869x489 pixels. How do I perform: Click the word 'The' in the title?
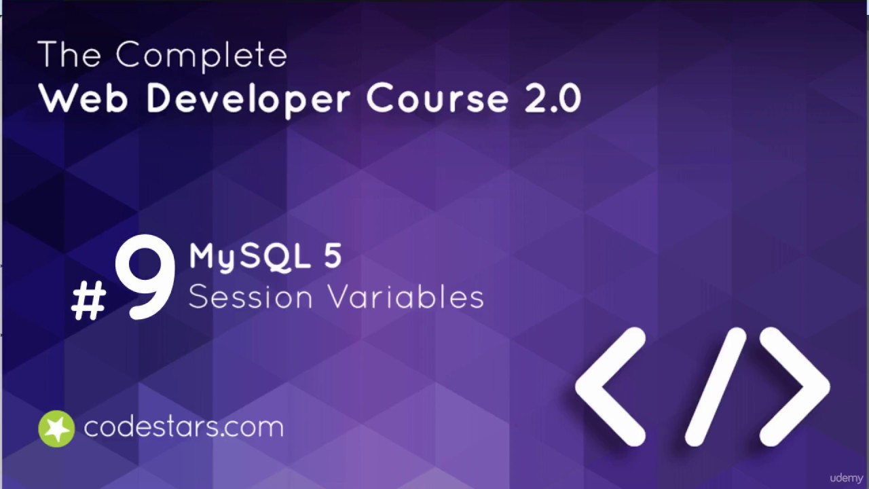pyautogui.click(x=70, y=54)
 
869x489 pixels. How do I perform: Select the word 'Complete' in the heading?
pyautogui.click(x=201, y=56)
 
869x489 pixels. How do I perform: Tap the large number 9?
pyautogui.click(x=145, y=278)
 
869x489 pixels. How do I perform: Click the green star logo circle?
pyautogui.click(x=56, y=429)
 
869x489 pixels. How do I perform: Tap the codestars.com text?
pyautogui.click(x=183, y=427)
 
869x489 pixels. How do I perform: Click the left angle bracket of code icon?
pyautogui.click(x=610, y=386)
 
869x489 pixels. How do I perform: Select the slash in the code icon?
pyautogui.click(x=716, y=386)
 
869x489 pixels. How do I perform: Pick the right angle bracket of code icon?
pyautogui.click(x=794, y=386)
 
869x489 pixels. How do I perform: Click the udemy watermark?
pyautogui.click(x=846, y=478)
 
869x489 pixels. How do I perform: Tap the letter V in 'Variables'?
pyautogui.click(x=339, y=297)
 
